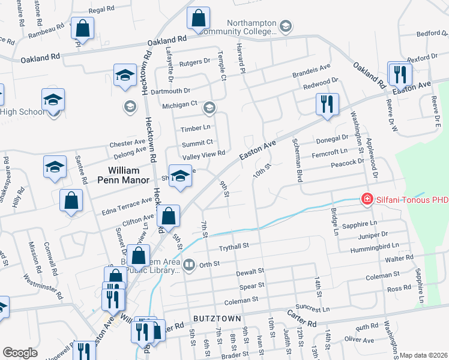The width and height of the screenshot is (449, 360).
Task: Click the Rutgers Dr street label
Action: [194, 61]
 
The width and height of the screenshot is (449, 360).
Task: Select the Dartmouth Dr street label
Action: [170, 91]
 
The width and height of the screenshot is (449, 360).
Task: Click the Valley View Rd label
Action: [203, 154]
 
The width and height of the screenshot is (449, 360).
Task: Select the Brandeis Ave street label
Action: [312, 70]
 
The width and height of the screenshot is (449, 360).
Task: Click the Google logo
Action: [20, 353]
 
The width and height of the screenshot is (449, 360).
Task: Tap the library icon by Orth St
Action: [189, 264]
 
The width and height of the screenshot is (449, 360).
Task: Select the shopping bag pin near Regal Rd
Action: [83, 28]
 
